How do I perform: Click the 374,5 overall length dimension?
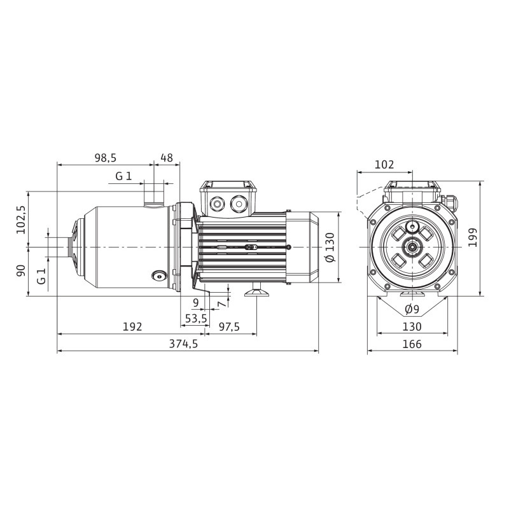click(183, 344)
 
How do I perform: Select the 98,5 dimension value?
click(105, 158)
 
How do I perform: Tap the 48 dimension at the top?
click(167, 158)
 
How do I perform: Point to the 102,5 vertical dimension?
click(22, 220)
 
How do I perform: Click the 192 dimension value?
click(132, 326)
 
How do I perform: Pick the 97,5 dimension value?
click(229, 326)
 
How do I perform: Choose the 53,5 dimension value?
click(196, 319)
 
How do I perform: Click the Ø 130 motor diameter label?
click(330, 248)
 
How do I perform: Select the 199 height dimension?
click(473, 237)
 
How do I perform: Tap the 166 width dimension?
click(412, 344)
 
